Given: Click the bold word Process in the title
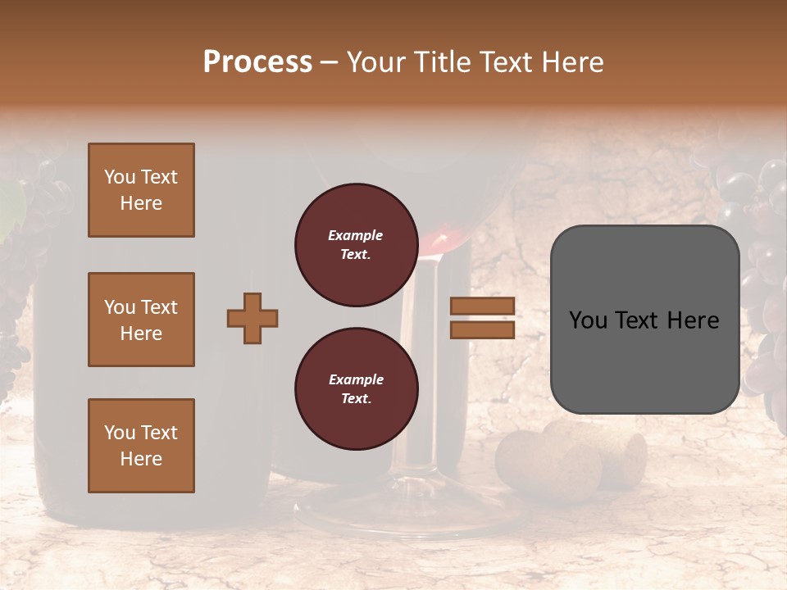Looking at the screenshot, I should tap(257, 62).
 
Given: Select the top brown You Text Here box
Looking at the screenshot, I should tap(141, 190).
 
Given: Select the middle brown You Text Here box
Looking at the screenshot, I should tap(141, 320).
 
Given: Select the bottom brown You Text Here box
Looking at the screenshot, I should tap(141, 445).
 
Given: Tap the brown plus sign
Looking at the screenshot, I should tap(252, 318).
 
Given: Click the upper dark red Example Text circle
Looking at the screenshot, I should tap(356, 245).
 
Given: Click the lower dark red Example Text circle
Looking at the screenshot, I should tap(356, 388).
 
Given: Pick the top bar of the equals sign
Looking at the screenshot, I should tap(482, 306).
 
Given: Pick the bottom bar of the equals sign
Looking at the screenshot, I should tap(482, 329).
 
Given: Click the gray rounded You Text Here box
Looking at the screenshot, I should tap(644, 320).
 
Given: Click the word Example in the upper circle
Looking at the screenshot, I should tap(356, 235).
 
